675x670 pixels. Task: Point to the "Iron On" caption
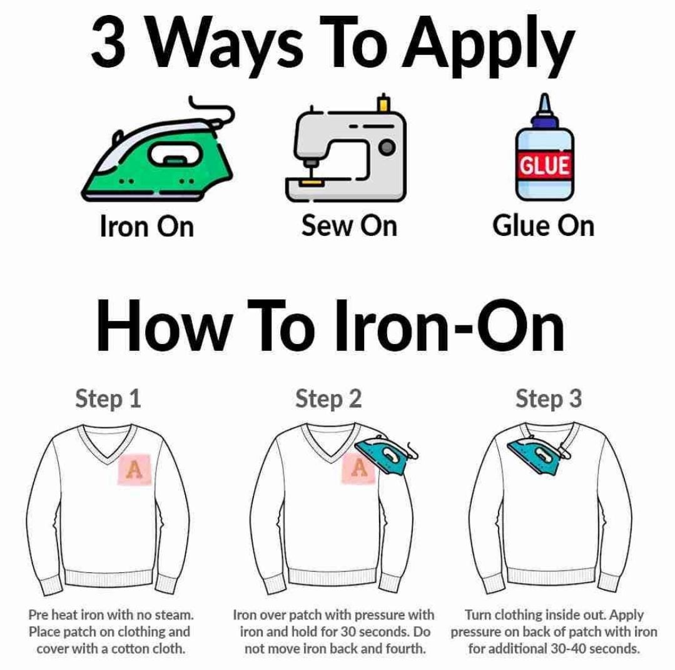click(x=147, y=226)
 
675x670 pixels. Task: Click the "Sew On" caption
click(x=348, y=225)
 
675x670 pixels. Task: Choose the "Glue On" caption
click(x=543, y=225)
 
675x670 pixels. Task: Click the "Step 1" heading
click(x=108, y=398)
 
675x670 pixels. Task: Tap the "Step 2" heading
click(x=328, y=398)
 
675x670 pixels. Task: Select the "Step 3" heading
click(x=549, y=398)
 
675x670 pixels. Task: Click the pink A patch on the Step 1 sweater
click(x=133, y=469)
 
